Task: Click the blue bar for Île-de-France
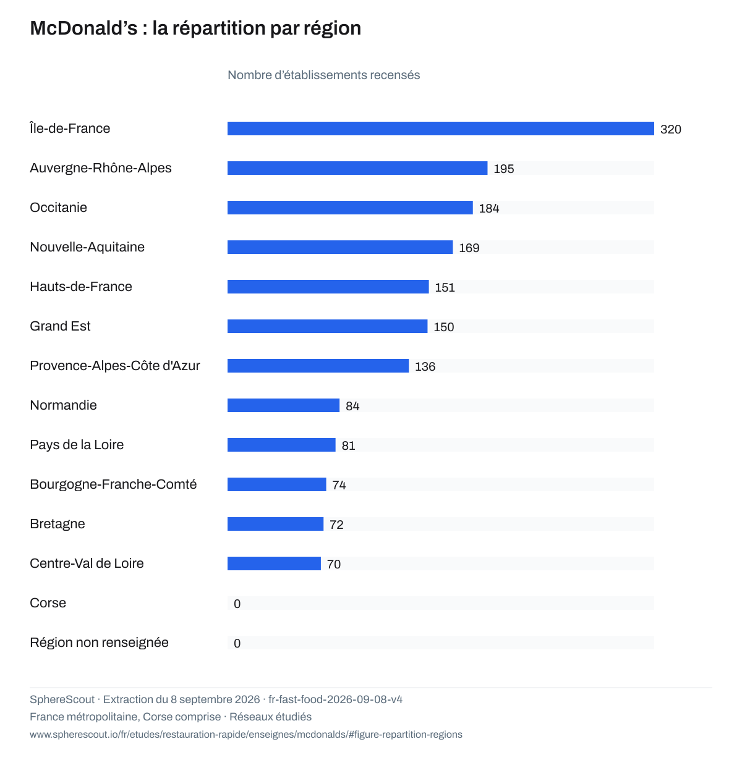click(440, 129)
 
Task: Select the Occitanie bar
click(349, 207)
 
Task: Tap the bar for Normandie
click(283, 405)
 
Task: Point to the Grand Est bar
click(327, 326)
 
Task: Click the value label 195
click(503, 169)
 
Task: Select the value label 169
click(468, 247)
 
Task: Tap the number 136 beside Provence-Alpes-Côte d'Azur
click(425, 366)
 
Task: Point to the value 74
click(338, 484)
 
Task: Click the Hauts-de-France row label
click(81, 286)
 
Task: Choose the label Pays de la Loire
click(77, 444)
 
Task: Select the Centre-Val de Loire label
click(87, 562)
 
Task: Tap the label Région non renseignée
click(99, 642)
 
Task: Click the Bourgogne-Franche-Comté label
click(113, 484)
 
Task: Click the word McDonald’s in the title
click(83, 28)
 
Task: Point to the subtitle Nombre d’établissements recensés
click(323, 75)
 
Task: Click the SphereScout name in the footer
click(62, 698)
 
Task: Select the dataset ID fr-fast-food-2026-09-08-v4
click(335, 698)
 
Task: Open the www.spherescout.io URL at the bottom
click(245, 733)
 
